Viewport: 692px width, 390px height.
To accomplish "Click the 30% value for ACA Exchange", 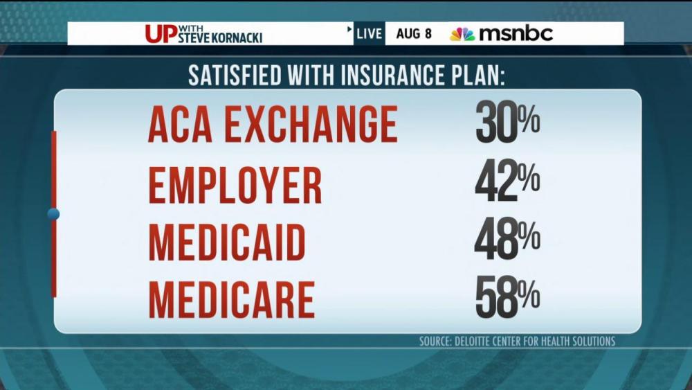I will pos(507,125).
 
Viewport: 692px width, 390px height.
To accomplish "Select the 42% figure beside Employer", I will pos(507,183).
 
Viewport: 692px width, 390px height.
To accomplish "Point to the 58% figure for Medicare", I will pos(507,299).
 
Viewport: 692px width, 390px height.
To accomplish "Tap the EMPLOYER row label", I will pos(235,184).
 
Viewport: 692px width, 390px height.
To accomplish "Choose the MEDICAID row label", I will pos(227,242).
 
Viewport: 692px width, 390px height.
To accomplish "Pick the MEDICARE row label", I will pos(231,299).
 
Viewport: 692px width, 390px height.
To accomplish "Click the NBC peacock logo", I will pos(462,34).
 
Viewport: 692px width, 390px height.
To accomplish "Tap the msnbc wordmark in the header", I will pos(516,34).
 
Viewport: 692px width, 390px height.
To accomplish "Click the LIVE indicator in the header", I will pos(370,34).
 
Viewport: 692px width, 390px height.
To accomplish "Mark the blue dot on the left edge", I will pos(53,214).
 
